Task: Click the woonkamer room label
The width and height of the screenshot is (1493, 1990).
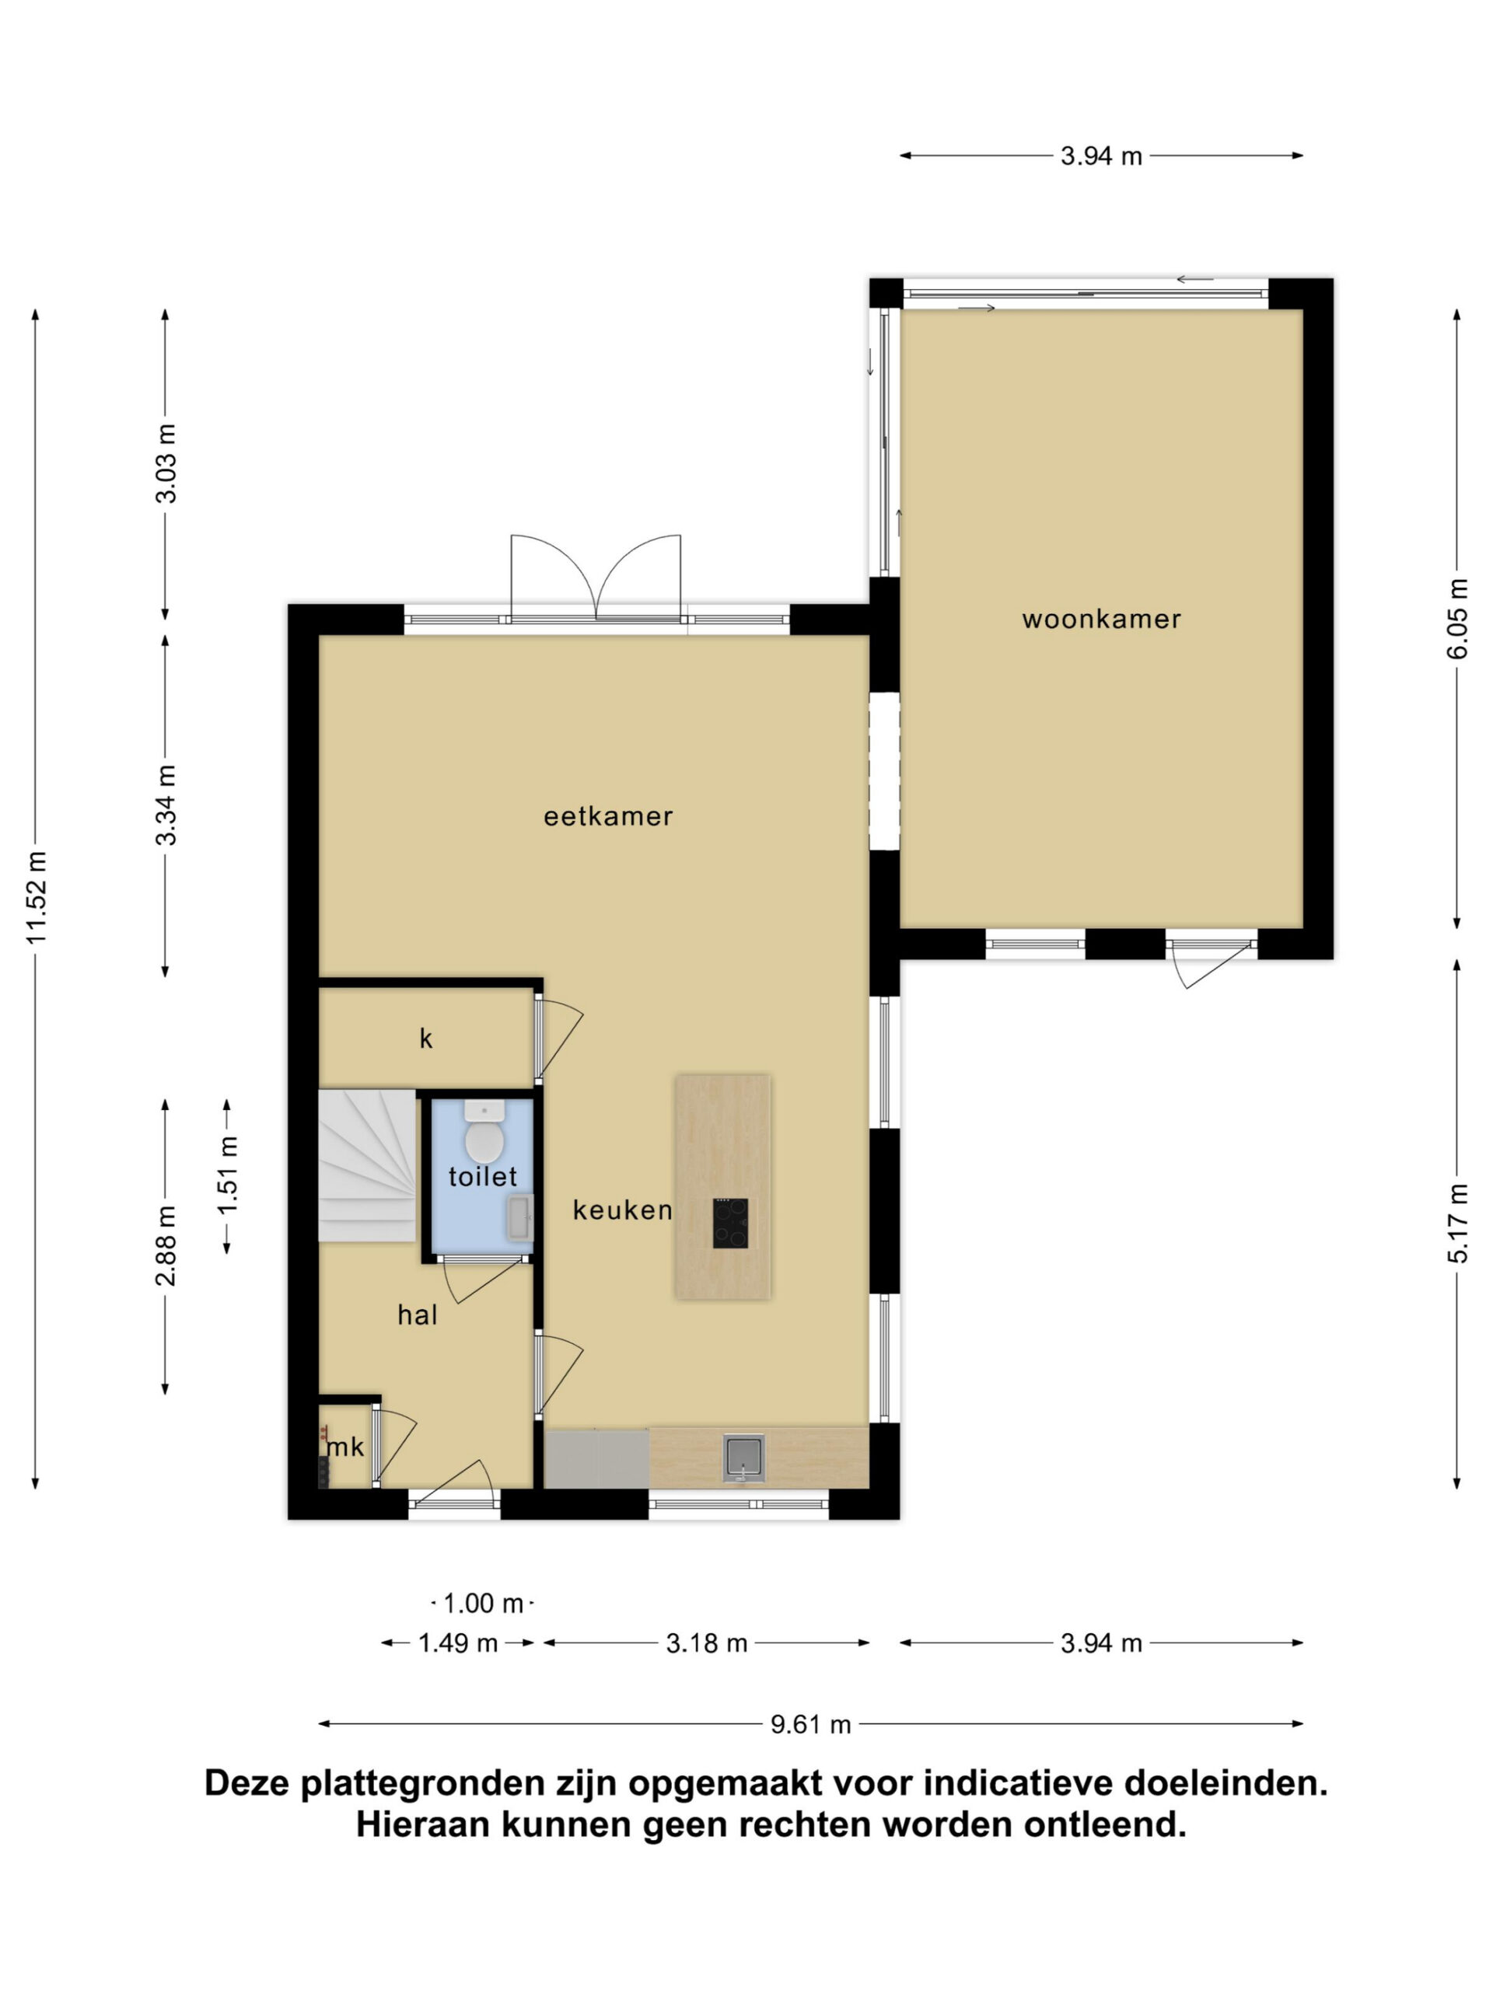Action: (1100, 619)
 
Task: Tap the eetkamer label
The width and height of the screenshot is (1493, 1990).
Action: (607, 816)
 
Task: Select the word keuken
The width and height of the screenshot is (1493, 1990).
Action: (623, 1210)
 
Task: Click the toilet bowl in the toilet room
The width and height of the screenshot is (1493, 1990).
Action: (484, 1133)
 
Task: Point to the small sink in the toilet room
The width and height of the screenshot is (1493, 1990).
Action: (519, 1218)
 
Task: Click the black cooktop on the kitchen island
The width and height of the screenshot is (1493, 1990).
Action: (730, 1223)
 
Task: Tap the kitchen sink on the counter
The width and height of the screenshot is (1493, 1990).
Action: (743, 1458)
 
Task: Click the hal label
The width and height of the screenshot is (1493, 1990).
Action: (418, 1315)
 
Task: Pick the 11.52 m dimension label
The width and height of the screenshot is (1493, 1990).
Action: (36, 897)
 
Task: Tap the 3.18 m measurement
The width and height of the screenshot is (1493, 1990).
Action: (706, 1643)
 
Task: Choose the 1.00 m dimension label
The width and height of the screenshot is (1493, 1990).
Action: (483, 1603)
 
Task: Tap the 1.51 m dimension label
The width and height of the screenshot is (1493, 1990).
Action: (227, 1174)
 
